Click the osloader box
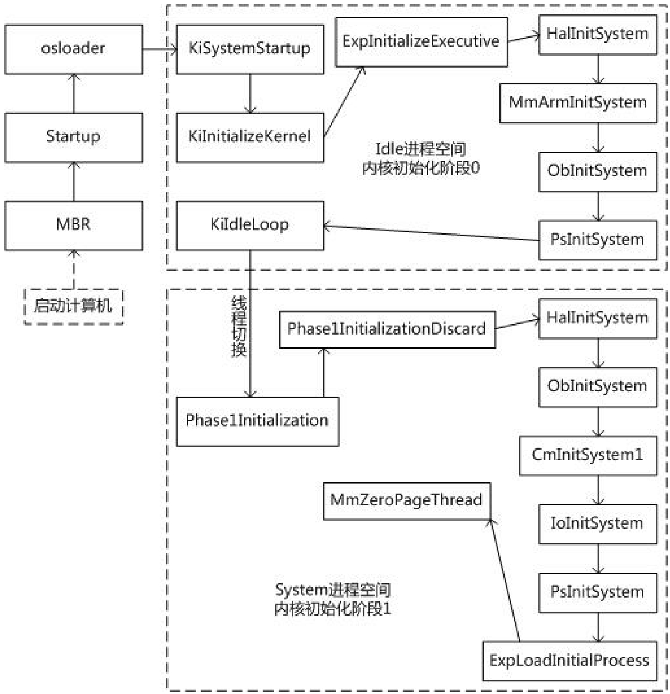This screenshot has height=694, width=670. coord(73,49)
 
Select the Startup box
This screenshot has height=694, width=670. coord(73,137)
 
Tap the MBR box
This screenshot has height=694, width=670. coord(73,225)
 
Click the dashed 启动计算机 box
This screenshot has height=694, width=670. coord(73,306)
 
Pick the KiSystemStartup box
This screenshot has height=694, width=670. coord(250,49)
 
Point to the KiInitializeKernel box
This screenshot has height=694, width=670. coord(250,137)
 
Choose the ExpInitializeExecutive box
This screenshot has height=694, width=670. coord(421,42)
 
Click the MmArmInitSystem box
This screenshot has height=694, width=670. coord(578,103)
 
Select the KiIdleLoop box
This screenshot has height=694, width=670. coord(250,225)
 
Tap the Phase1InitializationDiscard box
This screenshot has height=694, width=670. coord(387,330)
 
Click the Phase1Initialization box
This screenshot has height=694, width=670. coord(257,421)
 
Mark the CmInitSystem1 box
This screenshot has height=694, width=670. coord(588,455)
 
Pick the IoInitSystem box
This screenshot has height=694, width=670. coord(597,524)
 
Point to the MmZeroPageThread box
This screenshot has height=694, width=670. coord(406,501)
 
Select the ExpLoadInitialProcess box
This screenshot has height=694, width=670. coord(569,661)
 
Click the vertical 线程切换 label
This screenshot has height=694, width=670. coord(238,327)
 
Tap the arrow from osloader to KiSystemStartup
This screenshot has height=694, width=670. coord(159,49)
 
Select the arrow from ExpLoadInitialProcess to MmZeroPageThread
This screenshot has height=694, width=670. coord(505,580)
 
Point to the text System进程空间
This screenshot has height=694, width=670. coord(332,590)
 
